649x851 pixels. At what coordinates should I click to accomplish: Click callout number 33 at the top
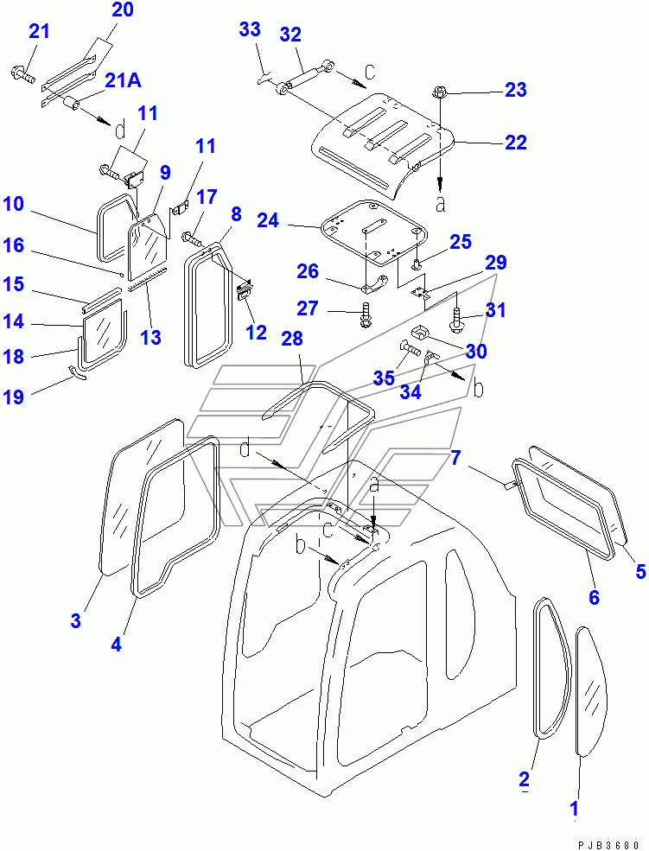click(249, 30)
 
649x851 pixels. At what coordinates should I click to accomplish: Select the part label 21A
click(124, 80)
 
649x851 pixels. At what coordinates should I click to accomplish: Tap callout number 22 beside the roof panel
click(515, 143)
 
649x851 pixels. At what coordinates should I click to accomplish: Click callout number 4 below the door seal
click(116, 644)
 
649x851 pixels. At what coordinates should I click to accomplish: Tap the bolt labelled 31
click(456, 325)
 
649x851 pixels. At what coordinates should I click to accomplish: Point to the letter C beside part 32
click(368, 73)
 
